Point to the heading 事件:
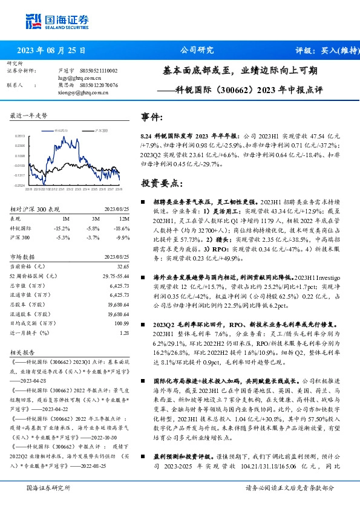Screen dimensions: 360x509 pos(152,117)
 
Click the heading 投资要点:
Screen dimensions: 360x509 pos(159,183)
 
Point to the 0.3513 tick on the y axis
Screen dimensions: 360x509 pos(21,137)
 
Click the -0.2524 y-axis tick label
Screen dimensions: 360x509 pos(20,186)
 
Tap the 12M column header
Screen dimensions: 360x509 pos(124,218)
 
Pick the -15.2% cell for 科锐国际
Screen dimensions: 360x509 pos(62,228)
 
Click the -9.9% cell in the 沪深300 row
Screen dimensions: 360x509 pos(123,237)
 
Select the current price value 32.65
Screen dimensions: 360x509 pos(123,267)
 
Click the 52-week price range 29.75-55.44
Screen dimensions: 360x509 pos(116,276)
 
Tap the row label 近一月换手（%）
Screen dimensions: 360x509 pos(29,332)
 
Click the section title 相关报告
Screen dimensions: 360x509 pos(22,350)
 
